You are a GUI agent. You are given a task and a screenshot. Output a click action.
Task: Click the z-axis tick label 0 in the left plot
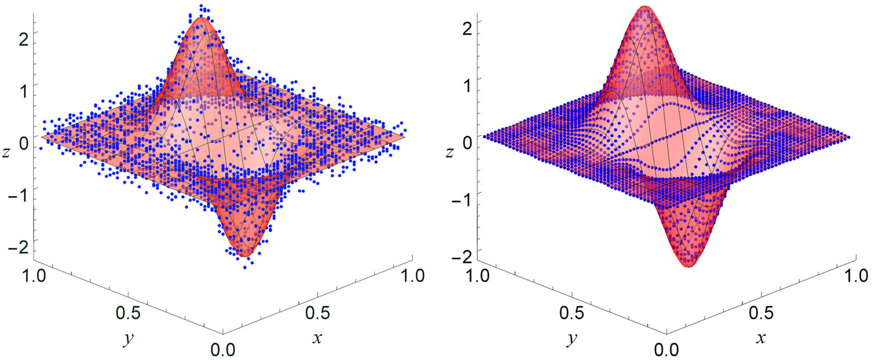pos(23,141)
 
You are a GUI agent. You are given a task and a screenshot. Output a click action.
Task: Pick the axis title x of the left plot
pos(317,338)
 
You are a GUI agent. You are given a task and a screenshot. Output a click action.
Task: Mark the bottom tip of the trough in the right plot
pos(689,266)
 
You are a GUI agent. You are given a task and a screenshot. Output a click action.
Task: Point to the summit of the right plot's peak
pos(644,6)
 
